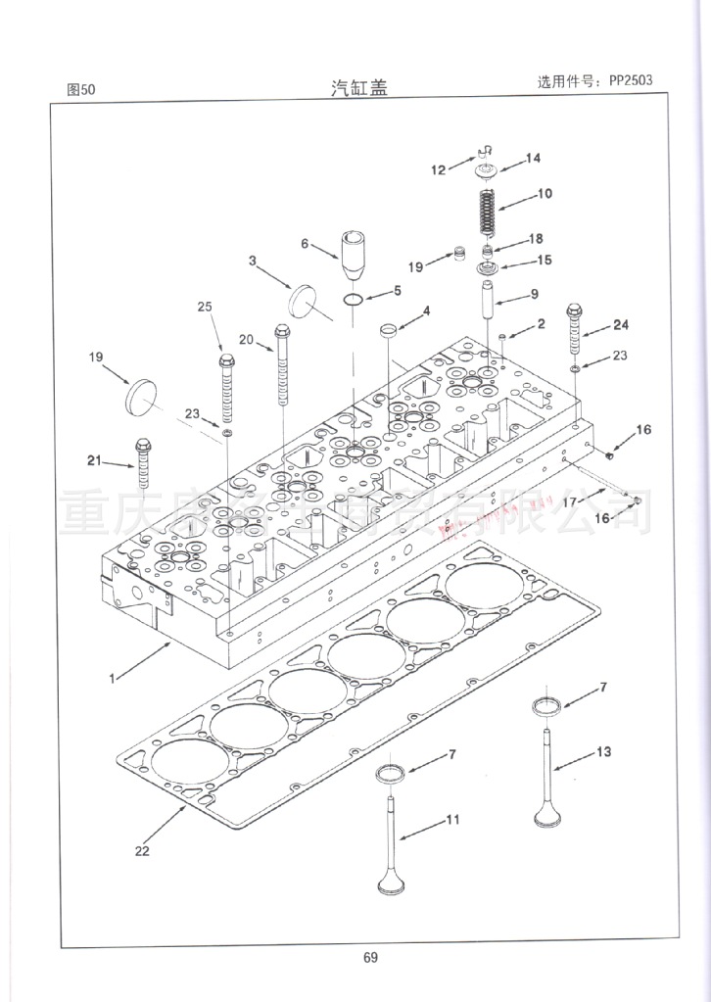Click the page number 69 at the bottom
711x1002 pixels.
click(x=369, y=958)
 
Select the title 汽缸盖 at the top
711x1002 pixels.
click(x=359, y=87)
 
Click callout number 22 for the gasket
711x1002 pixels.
click(x=142, y=850)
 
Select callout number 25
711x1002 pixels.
click(x=205, y=307)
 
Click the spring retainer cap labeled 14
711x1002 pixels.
click(x=486, y=173)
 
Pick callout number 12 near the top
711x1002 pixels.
click(x=438, y=169)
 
